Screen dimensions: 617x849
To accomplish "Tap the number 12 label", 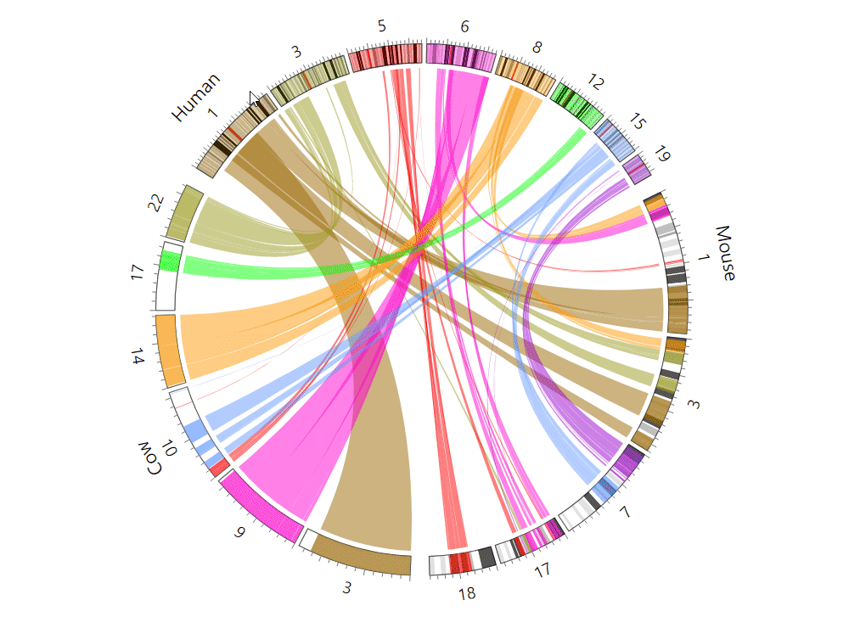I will pos(595,82).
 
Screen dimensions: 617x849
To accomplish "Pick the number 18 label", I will pos(466,592).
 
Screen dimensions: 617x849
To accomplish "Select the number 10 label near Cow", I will pos(170,447).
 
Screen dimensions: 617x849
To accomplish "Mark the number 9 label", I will pos(240,532).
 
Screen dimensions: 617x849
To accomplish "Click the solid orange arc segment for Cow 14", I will pos(170,350).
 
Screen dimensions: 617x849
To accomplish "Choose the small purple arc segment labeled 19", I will pos(638,170).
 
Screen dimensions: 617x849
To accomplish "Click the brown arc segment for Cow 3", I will pos(356,556).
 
